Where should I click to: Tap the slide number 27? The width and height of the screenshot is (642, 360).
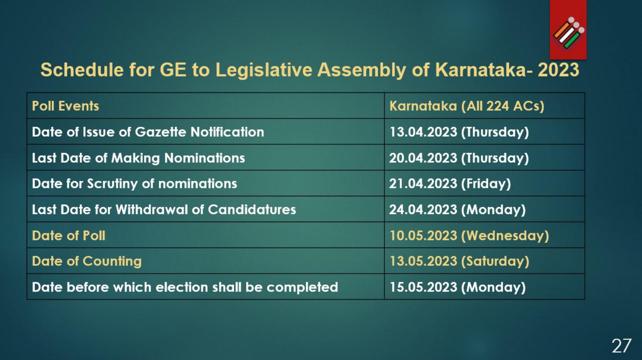[621, 346]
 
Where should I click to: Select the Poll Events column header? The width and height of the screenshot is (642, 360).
[65, 106]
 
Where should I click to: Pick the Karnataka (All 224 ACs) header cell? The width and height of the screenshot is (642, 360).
[467, 106]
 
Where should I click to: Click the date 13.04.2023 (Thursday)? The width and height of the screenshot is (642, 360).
[459, 132]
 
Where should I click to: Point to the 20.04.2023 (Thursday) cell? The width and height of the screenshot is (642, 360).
[459, 158]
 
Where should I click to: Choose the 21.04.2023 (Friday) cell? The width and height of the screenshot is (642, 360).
[450, 184]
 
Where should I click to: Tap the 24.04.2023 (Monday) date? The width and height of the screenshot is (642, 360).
[457, 210]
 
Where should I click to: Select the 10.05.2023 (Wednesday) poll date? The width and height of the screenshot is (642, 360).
[469, 235]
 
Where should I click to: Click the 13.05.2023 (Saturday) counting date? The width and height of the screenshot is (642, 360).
[459, 261]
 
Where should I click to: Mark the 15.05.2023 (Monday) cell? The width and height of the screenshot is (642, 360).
[457, 287]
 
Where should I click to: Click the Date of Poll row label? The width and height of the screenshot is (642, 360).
[68, 235]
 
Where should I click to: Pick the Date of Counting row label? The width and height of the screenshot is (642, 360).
[86, 261]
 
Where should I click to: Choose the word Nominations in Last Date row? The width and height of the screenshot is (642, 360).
[204, 158]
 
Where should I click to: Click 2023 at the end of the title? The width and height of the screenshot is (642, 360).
[558, 70]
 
